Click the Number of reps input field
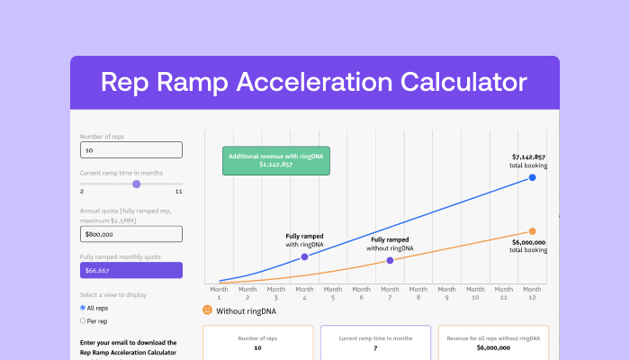coord(131,150)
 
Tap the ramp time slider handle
coord(137,184)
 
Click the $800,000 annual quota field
coord(131,234)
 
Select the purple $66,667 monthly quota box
coord(131,270)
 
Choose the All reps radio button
coord(84,308)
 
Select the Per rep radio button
coord(84,320)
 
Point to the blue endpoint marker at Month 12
coord(533,177)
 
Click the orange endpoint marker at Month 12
coord(533,231)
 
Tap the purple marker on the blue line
coord(304,256)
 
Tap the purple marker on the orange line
coord(390,260)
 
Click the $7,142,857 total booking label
coord(527,161)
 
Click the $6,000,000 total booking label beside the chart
coord(527,245)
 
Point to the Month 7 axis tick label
coord(390,293)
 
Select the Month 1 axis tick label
coord(219,293)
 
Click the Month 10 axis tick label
coord(475,293)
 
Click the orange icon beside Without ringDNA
coord(207,310)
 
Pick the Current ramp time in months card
coord(374,342)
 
